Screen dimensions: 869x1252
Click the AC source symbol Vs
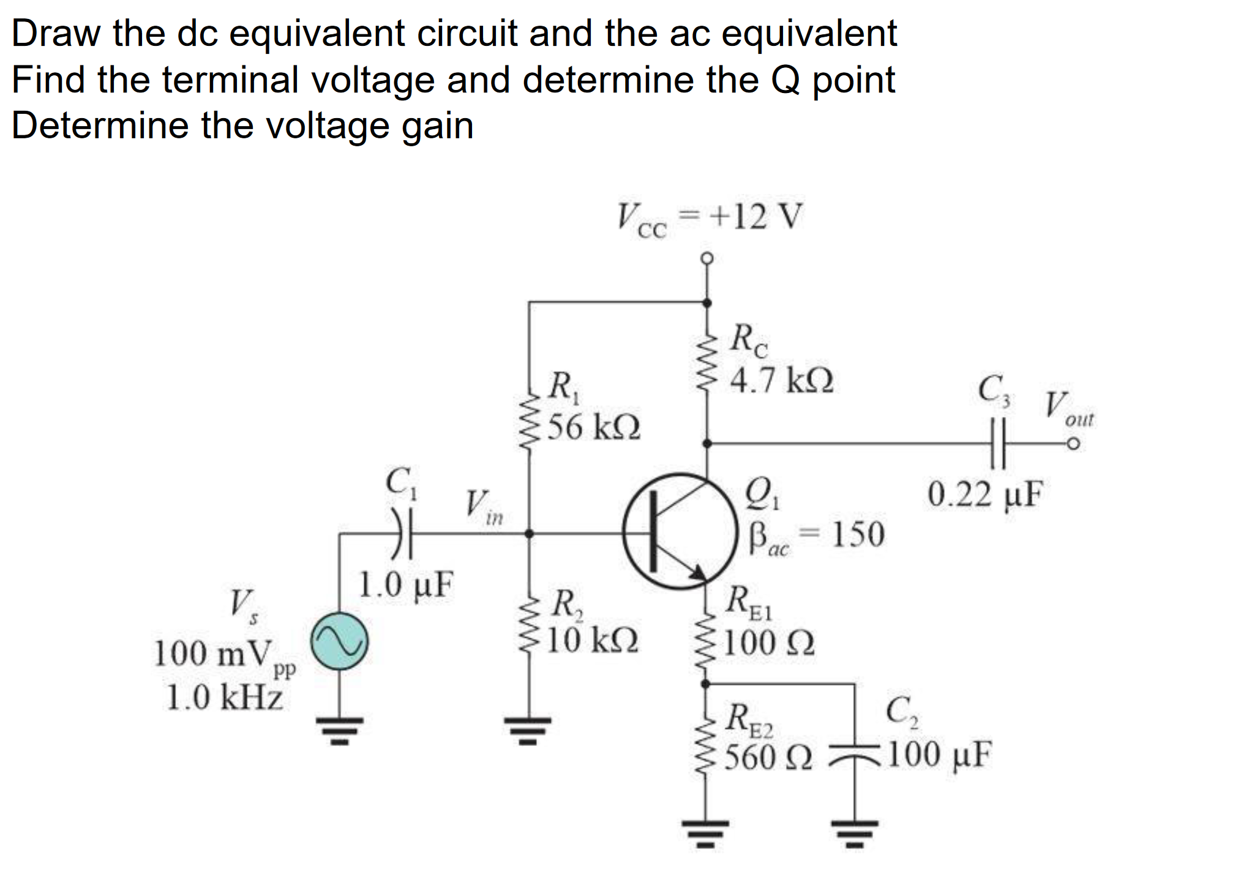[339, 641]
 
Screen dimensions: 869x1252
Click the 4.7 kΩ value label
[782, 381]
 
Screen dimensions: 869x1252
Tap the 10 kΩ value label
[592, 640]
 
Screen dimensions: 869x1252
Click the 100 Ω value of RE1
[769, 643]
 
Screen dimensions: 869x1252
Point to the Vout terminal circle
[1072, 444]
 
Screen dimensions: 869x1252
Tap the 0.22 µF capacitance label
[984, 494]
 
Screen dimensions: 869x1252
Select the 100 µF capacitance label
[939, 755]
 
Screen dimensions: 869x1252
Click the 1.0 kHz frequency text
[225, 697]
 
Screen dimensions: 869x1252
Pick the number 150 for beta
[857, 534]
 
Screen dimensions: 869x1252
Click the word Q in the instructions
[785, 80]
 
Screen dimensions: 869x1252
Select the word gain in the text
[437, 126]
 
